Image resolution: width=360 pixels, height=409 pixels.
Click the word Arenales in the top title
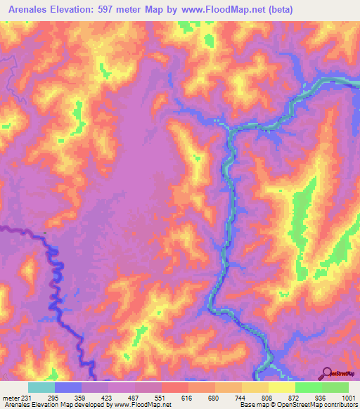pyautogui.click(x=28, y=10)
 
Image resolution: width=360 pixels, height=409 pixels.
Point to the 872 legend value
pyautogui.click(x=295, y=397)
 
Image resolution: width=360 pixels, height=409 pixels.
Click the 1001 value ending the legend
pyautogui.click(x=347, y=397)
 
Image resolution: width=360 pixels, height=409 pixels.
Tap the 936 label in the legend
pyautogui.click(x=321, y=397)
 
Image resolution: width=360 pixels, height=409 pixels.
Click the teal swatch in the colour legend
pyautogui.click(x=41, y=387)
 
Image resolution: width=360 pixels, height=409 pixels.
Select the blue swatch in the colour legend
pyautogui.click(x=68, y=387)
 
